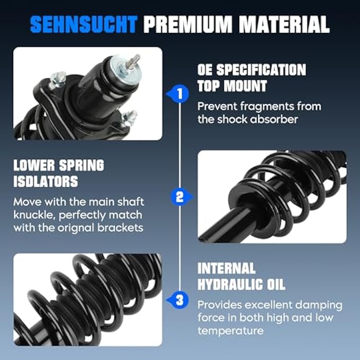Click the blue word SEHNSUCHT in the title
[x=84, y=24]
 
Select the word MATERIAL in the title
[x=284, y=24]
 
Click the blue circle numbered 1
[x=181, y=94]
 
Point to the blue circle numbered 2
[x=179, y=197]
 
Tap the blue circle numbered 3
[x=180, y=300]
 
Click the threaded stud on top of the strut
[x=133, y=61]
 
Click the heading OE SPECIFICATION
[x=251, y=70]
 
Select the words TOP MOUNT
[x=232, y=86]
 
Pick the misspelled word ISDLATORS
[x=46, y=182]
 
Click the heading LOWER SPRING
[x=59, y=165]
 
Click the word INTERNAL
[x=227, y=268]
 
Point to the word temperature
[x=230, y=331]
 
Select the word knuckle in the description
[x=34, y=215]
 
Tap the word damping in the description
[x=319, y=305]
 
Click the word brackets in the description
[x=120, y=228]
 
